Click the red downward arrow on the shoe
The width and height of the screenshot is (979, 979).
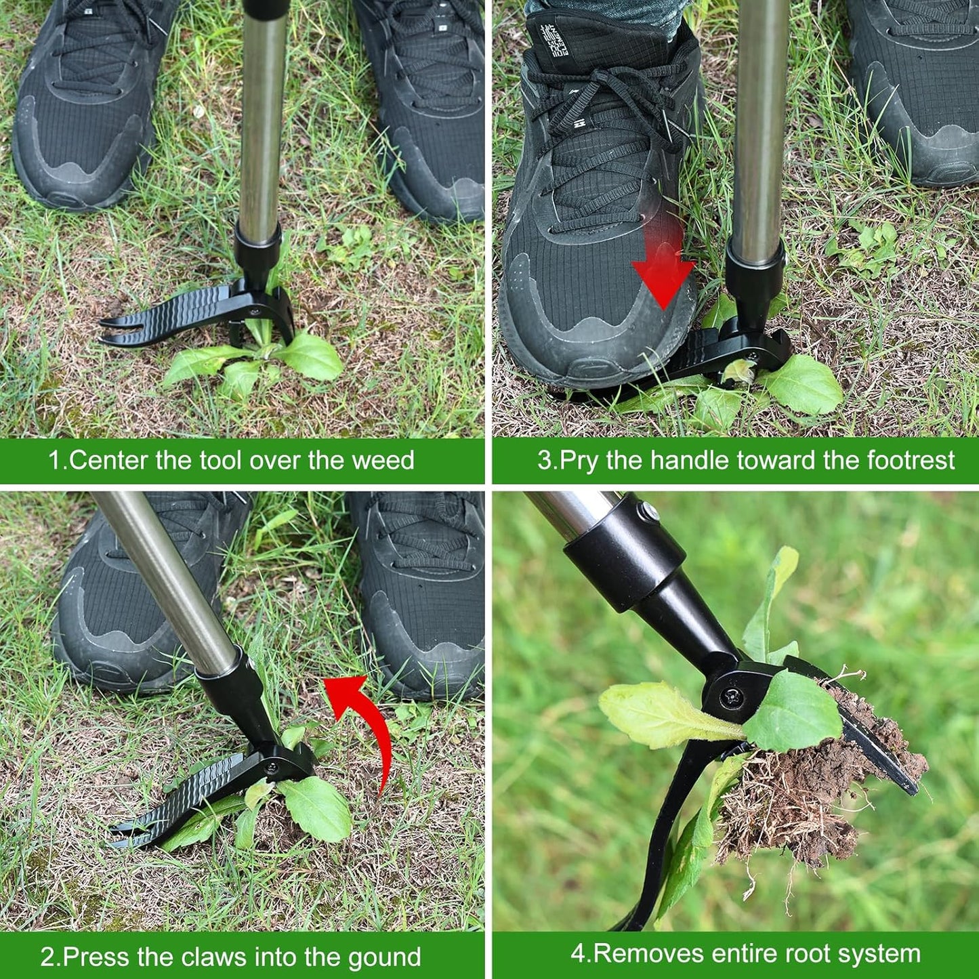click(x=663, y=271)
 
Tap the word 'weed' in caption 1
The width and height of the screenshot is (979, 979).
click(x=382, y=461)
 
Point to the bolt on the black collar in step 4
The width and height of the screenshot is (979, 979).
click(x=648, y=512)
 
